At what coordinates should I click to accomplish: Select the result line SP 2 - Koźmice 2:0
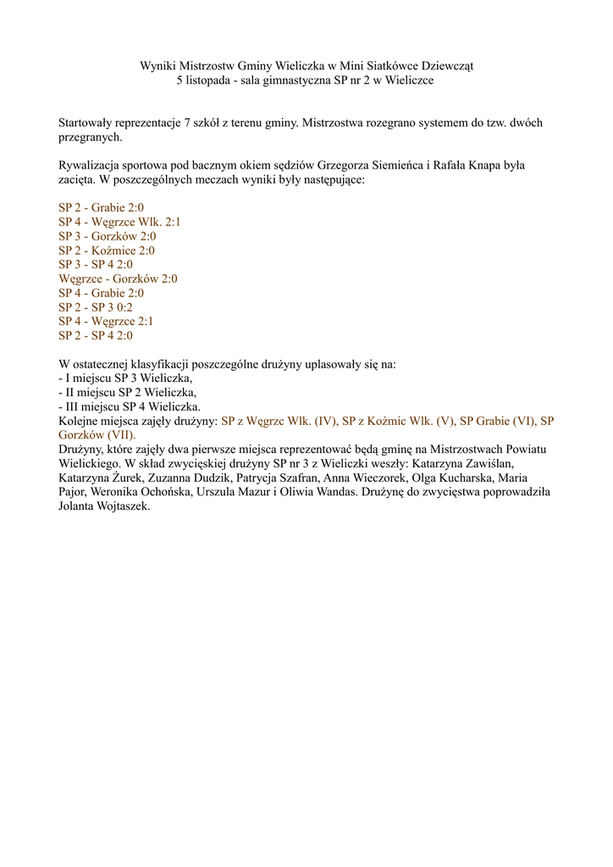tap(107, 251)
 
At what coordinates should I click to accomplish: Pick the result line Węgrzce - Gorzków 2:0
tap(118, 279)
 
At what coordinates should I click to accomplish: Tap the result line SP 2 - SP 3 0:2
tap(96, 307)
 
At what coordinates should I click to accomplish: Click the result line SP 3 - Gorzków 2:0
tap(107, 236)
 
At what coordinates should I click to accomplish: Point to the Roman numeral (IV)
tap(323, 421)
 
